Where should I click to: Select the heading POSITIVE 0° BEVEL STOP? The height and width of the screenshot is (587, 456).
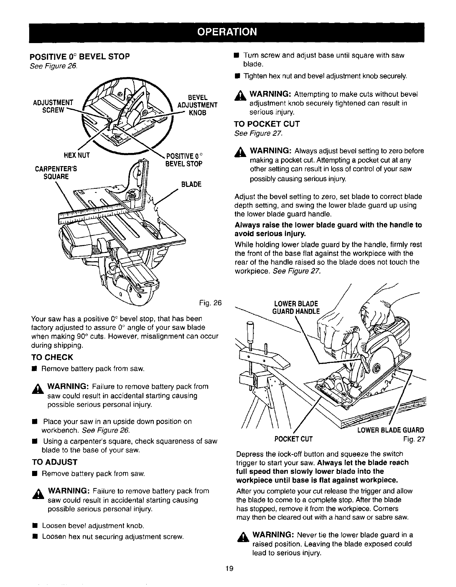[x=80, y=57]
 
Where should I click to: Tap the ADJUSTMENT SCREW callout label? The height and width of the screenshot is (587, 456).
[x=53, y=105]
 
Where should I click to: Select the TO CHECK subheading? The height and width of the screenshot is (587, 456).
[x=52, y=357]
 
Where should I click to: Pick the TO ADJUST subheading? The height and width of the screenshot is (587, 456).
[x=54, y=462]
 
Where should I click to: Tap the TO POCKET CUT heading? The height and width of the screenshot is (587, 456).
[x=267, y=124]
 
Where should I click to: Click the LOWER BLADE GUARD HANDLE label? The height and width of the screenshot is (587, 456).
[x=296, y=307]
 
